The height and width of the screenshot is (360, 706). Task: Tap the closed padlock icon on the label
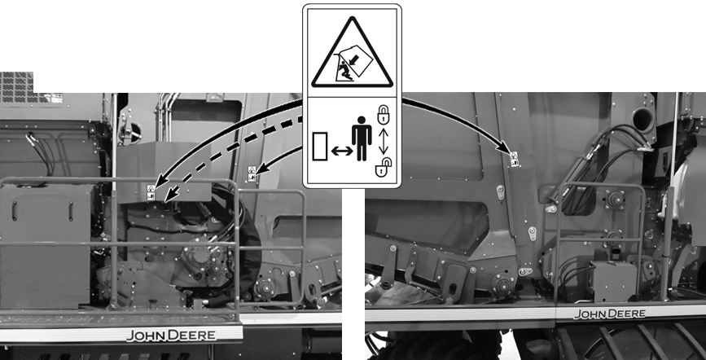383,115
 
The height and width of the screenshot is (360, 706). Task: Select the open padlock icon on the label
384,167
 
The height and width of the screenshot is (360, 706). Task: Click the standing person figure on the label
362,138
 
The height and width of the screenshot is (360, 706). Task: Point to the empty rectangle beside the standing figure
320,147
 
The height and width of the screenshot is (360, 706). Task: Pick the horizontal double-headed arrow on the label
342,151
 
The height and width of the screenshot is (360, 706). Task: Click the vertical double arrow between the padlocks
384,141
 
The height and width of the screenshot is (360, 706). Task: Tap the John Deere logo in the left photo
171,336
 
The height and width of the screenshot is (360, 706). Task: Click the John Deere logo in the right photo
609,314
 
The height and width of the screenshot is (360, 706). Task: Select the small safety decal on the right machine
514,159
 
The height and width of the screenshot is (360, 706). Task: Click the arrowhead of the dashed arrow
170,195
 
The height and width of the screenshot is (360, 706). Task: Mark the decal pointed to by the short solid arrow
252,173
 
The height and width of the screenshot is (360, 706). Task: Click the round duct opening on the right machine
642,120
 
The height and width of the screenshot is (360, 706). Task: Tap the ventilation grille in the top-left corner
16,87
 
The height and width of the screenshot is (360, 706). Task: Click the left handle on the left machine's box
15,211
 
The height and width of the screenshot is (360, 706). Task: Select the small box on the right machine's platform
612,281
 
